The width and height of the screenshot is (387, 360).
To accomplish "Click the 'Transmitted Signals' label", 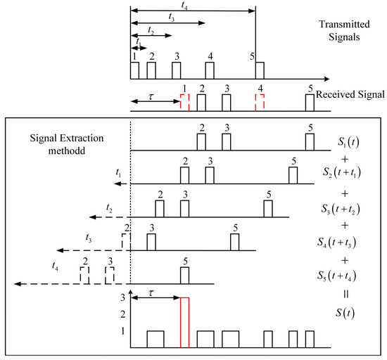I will pyautogui.click(x=341, y=25).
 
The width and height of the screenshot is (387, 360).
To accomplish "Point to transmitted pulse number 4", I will pyautogui.click(x=210, y=70).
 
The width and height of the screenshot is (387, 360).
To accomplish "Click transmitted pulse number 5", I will pyautogui.click(x=260, y=70).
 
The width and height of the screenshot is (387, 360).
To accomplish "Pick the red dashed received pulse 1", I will pyautogui.click(x=184, y=103).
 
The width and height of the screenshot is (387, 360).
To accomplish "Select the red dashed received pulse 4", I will pyautogui.click(x=260, y=103).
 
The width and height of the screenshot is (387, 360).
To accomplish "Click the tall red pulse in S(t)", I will pyautogui.click(x=185, y=322).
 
